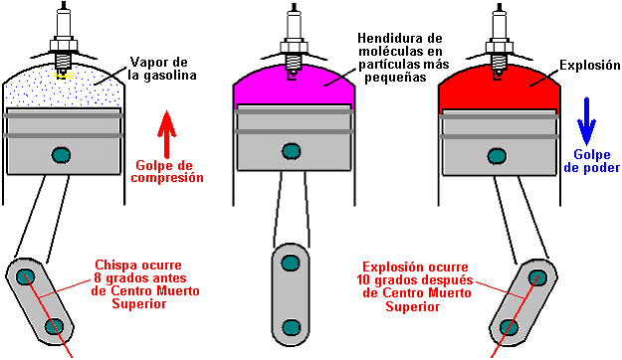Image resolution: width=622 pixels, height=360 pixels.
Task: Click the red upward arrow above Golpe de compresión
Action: (x=167, y=134)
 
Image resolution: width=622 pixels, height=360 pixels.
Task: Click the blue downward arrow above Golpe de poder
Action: (x=586, y=121)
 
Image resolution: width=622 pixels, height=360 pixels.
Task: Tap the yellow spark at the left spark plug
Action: (x=64, y=76)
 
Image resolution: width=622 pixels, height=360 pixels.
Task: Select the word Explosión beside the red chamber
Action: (x=590, y=65)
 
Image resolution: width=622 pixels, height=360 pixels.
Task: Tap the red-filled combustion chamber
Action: (x=499, y=89)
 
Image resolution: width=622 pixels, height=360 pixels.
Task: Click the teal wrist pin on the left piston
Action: (x=61, y=154)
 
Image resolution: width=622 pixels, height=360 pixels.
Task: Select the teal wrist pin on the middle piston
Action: (x=292, y=151)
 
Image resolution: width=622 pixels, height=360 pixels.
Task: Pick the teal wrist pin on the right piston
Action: (x=497, y=156)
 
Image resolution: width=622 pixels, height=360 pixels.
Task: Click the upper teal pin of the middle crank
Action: (x=291, y=263)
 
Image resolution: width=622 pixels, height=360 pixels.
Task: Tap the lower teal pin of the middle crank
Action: (x=291, y=327)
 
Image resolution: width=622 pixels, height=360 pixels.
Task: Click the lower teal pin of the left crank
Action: (x=54, y=327)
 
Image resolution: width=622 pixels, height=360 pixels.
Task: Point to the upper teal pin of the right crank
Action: (x=537, y=276)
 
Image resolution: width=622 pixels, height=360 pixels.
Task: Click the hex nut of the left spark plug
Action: (x=63, y=44)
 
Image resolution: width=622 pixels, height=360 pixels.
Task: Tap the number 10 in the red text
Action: (x=363, y=280)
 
